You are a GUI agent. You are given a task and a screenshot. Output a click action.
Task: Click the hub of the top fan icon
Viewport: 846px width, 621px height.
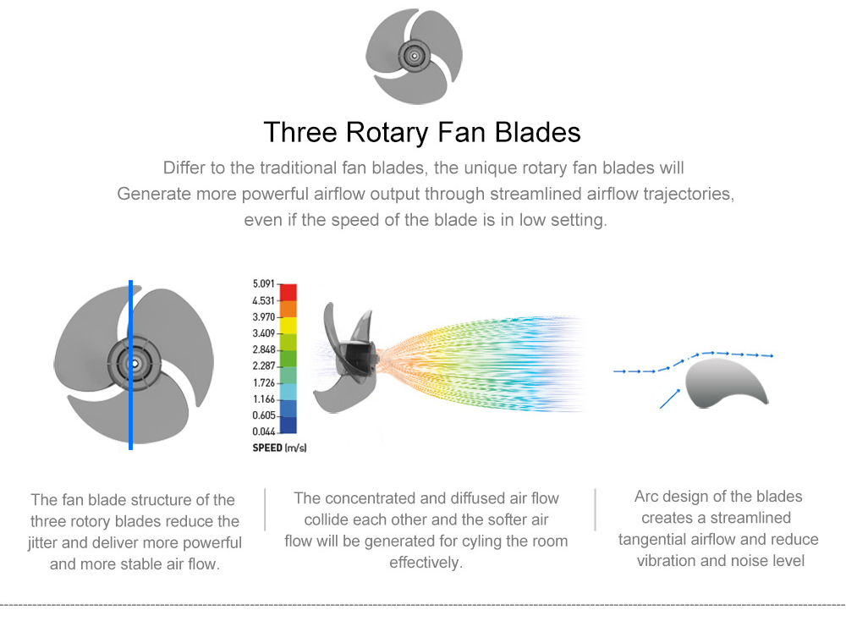coord(415,56)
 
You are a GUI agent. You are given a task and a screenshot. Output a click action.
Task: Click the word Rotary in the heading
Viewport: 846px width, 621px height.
coord(387,133)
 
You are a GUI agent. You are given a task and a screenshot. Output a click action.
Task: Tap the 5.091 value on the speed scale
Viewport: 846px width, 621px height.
coord(263,283)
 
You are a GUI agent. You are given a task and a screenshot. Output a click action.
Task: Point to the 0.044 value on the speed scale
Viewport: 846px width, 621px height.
coord(264,431)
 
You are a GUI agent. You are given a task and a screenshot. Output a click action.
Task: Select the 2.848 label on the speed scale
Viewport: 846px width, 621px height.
coord(264,349)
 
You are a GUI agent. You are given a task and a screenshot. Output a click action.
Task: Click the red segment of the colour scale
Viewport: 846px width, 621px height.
coord(288,293)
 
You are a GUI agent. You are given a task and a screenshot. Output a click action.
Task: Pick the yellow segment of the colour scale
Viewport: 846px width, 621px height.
coord(288,326)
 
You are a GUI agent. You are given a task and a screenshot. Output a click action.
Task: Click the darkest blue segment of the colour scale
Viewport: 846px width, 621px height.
coord(288,425)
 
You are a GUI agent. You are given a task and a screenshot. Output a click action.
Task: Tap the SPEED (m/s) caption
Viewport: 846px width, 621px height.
coord(279,448)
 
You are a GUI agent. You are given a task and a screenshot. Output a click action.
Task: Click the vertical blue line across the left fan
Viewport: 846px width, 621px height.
coord(130,365)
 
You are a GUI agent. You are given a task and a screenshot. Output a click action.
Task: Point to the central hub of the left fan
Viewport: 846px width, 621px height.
coord(135,364)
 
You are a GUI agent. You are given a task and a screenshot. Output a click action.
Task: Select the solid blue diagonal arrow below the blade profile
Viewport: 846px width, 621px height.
coord(670,398)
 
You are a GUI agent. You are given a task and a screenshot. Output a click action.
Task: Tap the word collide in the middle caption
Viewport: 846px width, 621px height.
coord(326,519)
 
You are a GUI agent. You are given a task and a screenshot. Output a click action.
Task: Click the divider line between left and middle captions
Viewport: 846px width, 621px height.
coord(265,509)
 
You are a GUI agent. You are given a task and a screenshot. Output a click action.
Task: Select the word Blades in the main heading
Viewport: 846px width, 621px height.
coord(537,133)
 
